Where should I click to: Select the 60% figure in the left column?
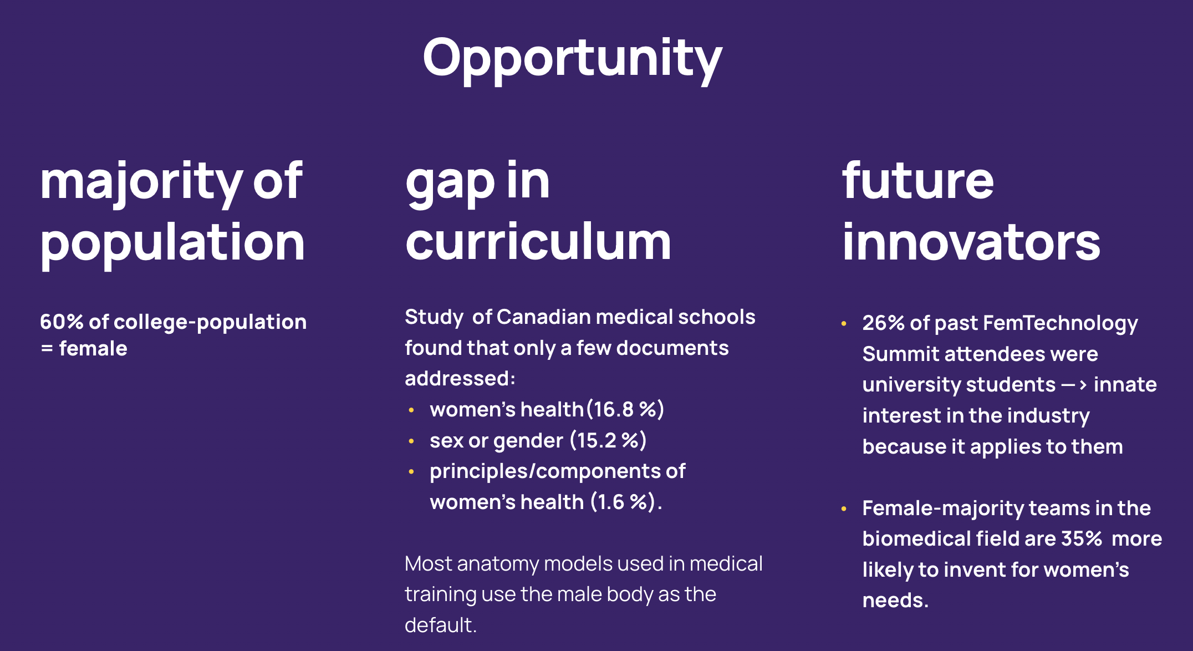click(62, 322)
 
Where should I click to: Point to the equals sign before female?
click(47, 349)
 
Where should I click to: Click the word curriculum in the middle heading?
click(538, 242)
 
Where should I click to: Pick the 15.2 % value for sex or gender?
click(608, 440)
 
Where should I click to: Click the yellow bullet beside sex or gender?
click(411, 441)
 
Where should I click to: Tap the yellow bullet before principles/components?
click(411, 472)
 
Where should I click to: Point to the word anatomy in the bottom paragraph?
click(497, 564)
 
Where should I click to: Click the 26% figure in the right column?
click(884, 323)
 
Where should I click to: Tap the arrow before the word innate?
click(1074, 384)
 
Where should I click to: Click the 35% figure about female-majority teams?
click(1082, 538)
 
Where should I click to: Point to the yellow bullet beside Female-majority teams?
click(844, 508)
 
